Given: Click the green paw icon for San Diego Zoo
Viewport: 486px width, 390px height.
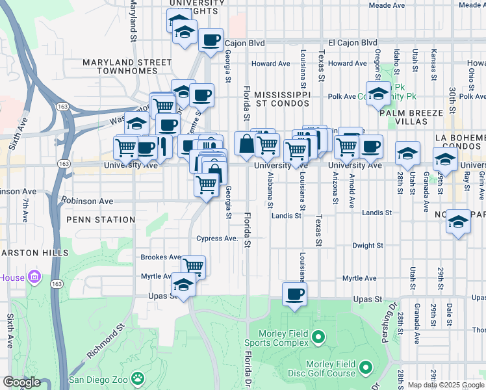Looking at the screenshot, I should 138,378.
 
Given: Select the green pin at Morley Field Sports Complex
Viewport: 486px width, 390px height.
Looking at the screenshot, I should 318,337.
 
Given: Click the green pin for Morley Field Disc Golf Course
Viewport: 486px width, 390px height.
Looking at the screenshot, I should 365,368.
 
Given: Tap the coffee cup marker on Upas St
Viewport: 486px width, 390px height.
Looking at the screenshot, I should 294,294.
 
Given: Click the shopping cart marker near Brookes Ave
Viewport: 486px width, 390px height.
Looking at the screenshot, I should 193,266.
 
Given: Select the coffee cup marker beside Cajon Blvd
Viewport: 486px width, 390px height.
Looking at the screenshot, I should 211,40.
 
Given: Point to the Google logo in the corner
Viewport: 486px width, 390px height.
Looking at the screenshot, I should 21,382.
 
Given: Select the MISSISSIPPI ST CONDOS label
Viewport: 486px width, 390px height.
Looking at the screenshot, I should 282,99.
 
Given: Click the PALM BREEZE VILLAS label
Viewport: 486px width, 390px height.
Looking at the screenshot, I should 422,116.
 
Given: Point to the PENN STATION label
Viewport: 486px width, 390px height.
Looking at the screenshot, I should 101,220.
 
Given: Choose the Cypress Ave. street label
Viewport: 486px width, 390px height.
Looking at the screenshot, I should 218,239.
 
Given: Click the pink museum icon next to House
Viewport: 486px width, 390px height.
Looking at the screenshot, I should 35,278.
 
